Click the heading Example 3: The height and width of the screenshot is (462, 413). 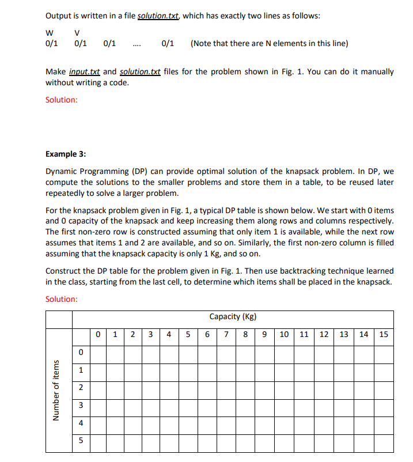(66, 154)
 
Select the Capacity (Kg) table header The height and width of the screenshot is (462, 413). (233, 316)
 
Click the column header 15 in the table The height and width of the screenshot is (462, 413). (384, 334)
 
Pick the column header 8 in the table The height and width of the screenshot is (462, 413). (246, 334)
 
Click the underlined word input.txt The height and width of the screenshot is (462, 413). (85, 72)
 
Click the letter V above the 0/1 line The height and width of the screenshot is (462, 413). (77, 32)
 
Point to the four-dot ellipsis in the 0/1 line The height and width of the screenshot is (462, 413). (136, 44)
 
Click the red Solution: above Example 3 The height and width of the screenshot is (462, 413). (61, 100)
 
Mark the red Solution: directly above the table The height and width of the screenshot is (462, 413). (61, 299)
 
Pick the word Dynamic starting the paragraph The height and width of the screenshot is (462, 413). (61, 171)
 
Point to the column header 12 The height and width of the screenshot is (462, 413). (324, 334)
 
